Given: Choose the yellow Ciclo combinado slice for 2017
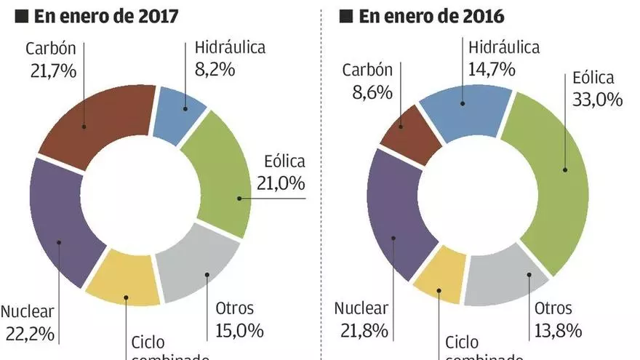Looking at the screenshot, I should [x=124, y=280].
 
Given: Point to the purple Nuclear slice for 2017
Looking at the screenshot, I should [x=65, y=218].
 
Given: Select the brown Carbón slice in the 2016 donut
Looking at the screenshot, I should [x=411, y=135].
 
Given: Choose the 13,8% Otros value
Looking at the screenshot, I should [x=558, y=331].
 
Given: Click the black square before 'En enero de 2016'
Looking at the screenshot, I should [x=346, y=16].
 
